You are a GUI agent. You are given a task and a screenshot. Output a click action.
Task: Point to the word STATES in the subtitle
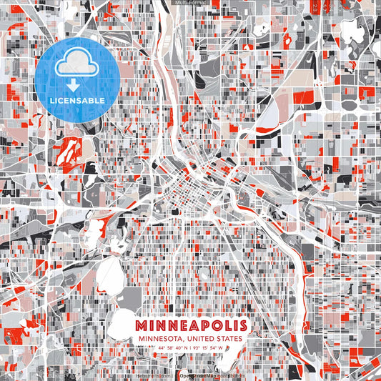[x=232, y=337]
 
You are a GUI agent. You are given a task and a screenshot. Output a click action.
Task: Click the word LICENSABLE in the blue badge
[x=78, y=101]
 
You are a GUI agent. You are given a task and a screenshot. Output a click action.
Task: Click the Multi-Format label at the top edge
[x=190, y=3]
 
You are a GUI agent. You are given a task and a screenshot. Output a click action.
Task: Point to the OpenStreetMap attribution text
[x=198, y=376]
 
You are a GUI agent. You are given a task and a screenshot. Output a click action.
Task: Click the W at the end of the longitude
[x=221, y=347]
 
